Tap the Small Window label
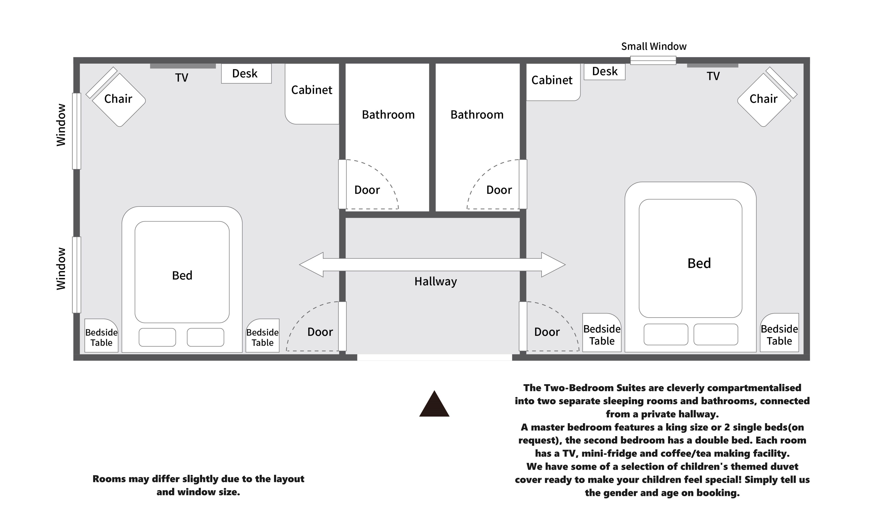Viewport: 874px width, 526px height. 653,46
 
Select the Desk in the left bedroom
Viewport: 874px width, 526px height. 246,73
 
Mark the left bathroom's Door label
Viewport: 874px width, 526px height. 367,190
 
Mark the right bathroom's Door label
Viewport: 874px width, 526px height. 499,190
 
